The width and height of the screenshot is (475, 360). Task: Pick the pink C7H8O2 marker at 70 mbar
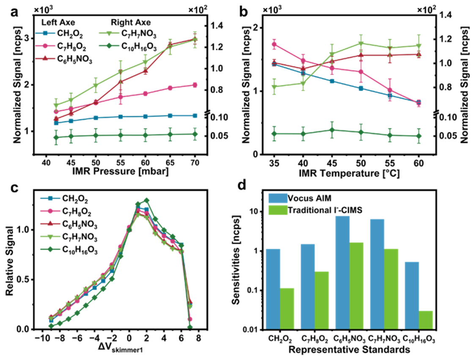[x=195, y=85]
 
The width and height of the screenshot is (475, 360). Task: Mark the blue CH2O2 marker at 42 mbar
[x=56, y=123]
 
